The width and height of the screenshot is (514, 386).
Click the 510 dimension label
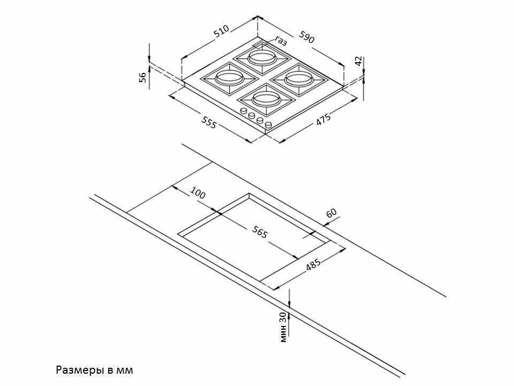click(222, 32)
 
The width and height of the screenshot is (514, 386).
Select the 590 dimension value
click(307, 38)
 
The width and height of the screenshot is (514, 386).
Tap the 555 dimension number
click(209, 123)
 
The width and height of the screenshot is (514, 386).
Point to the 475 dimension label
click(323, 120)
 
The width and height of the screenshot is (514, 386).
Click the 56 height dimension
click(142, 77)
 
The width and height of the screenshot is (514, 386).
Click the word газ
click(282, 41)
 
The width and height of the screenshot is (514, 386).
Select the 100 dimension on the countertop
click(198, 195)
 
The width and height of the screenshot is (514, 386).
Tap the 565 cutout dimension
click(260, 232)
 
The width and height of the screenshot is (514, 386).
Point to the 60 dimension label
click(331, 213)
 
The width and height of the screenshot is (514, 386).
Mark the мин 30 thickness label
click(283, 327)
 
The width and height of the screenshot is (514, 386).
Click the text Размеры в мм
click(94, 370)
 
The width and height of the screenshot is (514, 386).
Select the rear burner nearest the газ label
click(262, 56)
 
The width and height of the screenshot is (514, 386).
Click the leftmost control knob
click(244, 112)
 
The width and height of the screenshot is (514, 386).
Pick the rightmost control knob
click(268, 125)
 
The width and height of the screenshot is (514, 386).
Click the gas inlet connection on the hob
click(260, 45)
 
